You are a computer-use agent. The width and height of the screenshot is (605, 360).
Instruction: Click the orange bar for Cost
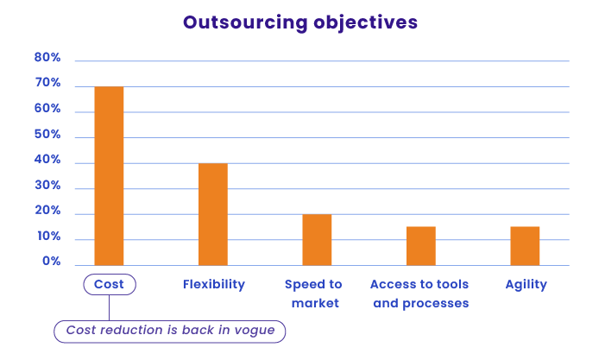click(x=110, y=176)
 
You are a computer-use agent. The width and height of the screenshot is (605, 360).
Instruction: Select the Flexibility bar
click(x=213, y=214)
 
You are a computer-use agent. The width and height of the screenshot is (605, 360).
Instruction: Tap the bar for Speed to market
click(x=317, y=240)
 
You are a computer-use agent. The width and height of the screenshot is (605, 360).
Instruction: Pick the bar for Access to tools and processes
click(x=421, y=246)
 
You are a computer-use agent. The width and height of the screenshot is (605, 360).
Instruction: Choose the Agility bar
click(x=525, y=246)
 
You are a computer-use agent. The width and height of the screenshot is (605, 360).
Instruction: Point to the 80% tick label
click(x=47, y=58)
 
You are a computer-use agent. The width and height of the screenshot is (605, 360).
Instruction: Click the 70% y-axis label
click(x=47, y=83)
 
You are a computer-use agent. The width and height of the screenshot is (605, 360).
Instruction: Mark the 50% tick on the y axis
click(x=47, y=135)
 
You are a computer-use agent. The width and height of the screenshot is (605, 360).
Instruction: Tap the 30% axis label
click(x=47, y=186)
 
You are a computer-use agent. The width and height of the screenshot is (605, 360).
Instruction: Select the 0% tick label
click(x=51, y=262)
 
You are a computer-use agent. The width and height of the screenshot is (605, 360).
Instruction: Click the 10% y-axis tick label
click(x=49, y=237)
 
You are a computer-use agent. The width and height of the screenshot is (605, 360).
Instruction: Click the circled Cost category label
click(x=110, y=284)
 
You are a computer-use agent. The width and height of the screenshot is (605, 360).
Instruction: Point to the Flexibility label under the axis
click(x=214, y=284)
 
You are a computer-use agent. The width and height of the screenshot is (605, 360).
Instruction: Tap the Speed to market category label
click(x=313, y=294)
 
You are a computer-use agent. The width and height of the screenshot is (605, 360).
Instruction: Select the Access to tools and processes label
click(x=419, y=294)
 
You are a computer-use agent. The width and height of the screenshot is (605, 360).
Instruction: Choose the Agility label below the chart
click(x=526, y=285)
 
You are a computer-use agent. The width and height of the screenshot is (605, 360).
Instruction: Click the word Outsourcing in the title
click(x=245, y=22)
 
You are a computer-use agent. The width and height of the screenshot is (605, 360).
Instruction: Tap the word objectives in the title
click(x=365, y=22)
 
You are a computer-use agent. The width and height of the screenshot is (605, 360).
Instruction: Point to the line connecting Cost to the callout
click(x=110, y=307)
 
